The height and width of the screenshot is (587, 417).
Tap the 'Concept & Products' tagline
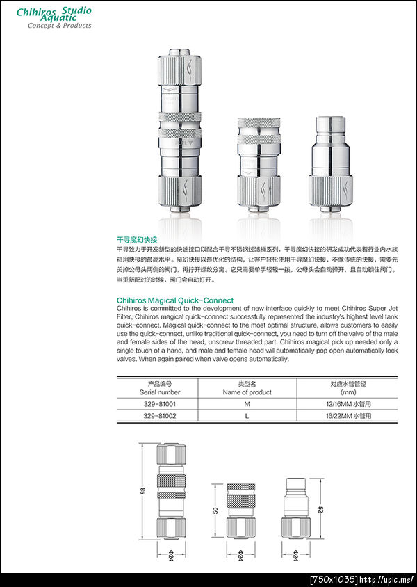[x=59, y=26]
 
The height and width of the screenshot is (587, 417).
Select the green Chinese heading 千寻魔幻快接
[x=137, y=239]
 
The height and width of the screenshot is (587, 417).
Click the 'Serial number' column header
[x=160, y=392]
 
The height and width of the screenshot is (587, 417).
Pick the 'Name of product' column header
[x=247, y=392]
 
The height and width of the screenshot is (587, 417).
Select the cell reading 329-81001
[x=160, y=403]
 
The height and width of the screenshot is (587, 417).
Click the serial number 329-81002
[x=160, y=415]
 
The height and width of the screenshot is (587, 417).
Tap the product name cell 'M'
[x=247, y=403]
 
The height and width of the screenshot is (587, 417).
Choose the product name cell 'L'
[x=247, y=415]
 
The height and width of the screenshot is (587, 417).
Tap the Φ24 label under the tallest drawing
[x=170, y=556]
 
